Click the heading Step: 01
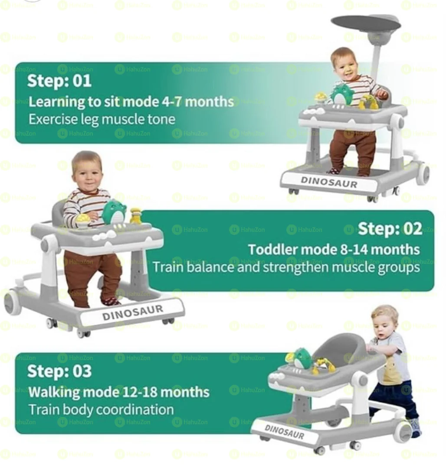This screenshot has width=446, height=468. click(x=59, y=81)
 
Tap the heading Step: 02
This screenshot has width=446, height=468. click(x=390, y=229)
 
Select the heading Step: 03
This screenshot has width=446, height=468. click(x=59, y=371)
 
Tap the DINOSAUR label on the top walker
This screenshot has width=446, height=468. click(x=329, y=182)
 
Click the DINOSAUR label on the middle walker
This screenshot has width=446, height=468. click(x=133, y=312)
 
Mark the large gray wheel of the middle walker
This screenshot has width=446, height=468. click(x=13, y=302)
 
